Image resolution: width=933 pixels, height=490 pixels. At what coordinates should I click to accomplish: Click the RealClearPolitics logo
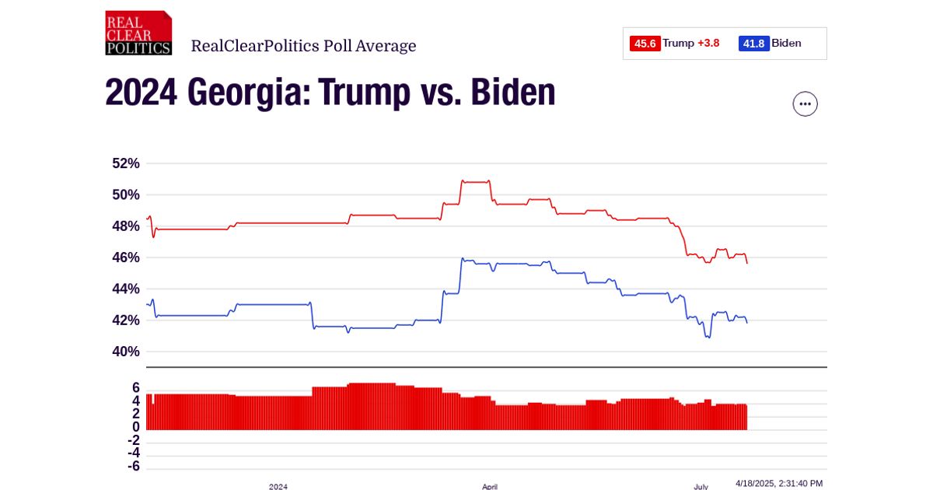point(138,33)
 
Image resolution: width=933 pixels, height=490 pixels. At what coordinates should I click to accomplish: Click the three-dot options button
point(805,103)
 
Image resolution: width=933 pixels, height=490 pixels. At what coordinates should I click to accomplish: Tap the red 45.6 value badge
point(645,44)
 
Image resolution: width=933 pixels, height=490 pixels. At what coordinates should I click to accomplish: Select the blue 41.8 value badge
point(754,44)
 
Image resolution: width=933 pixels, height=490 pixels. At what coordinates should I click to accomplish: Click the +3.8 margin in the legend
point(708,44)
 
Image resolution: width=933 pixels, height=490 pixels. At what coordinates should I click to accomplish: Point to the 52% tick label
point(125,163)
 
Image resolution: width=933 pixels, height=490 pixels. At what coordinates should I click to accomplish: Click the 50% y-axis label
point(125,194)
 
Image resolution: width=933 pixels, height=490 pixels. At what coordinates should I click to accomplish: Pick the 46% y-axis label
point(125,257)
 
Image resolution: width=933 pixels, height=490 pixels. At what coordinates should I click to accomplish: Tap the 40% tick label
point(125,352)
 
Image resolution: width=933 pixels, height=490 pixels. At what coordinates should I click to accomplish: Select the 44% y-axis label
point(125,289)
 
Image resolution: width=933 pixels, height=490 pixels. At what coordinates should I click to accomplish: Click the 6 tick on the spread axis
point(135,388)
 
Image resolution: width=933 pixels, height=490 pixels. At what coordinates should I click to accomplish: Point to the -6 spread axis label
point(133,466)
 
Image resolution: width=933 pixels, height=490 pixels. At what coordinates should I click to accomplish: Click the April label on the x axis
point(490,486)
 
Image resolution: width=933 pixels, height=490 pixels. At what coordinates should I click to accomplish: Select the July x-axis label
point(701,486)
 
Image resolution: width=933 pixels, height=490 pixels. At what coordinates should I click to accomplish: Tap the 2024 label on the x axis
point(278,486)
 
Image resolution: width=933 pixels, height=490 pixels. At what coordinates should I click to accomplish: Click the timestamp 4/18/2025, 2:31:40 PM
point(779,483)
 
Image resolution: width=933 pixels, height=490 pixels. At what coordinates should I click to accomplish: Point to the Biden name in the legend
point(786,44)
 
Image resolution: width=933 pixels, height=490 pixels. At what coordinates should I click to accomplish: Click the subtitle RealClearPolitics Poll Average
point(303,46)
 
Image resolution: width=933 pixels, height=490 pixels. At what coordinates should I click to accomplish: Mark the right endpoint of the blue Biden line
point(747,323)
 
